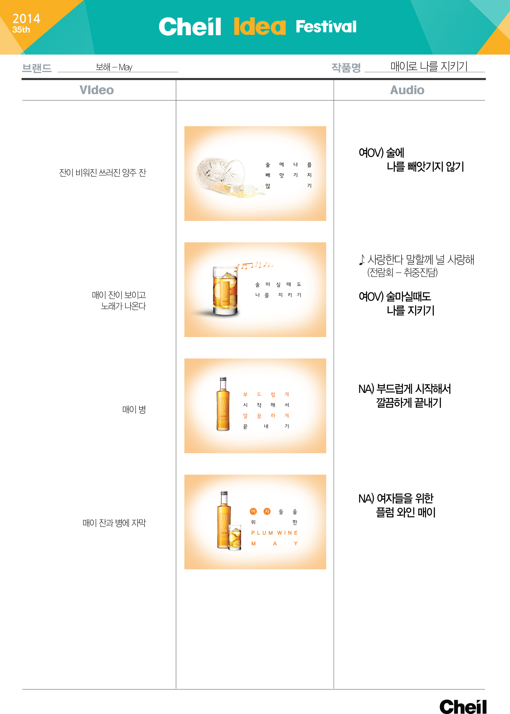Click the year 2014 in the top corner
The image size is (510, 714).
[x=26, y=18]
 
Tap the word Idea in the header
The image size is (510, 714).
[x=260, y=26]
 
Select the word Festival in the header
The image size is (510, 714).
[x=326, y=26]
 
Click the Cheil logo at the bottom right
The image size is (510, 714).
[x=463, y=706]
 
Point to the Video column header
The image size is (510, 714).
[x=97, y=90]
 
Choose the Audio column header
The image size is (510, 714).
[x=407, y=90]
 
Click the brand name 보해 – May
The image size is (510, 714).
[x=114, y=67]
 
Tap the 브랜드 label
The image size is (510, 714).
[x=37, y=68]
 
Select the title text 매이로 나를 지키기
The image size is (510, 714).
[x=429, y=66]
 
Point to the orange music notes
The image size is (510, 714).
[x=255, y=265]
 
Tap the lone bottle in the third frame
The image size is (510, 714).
[x=223, y=404]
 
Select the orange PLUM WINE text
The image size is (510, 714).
[x=274, y=533]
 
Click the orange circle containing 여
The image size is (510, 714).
[x=253, y=511]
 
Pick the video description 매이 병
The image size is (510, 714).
[x=134, y=409]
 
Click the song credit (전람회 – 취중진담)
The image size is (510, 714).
[x=402, y=272]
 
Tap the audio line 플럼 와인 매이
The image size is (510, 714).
[x=406, y=512]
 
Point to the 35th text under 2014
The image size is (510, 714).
[x=21, y=30]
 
